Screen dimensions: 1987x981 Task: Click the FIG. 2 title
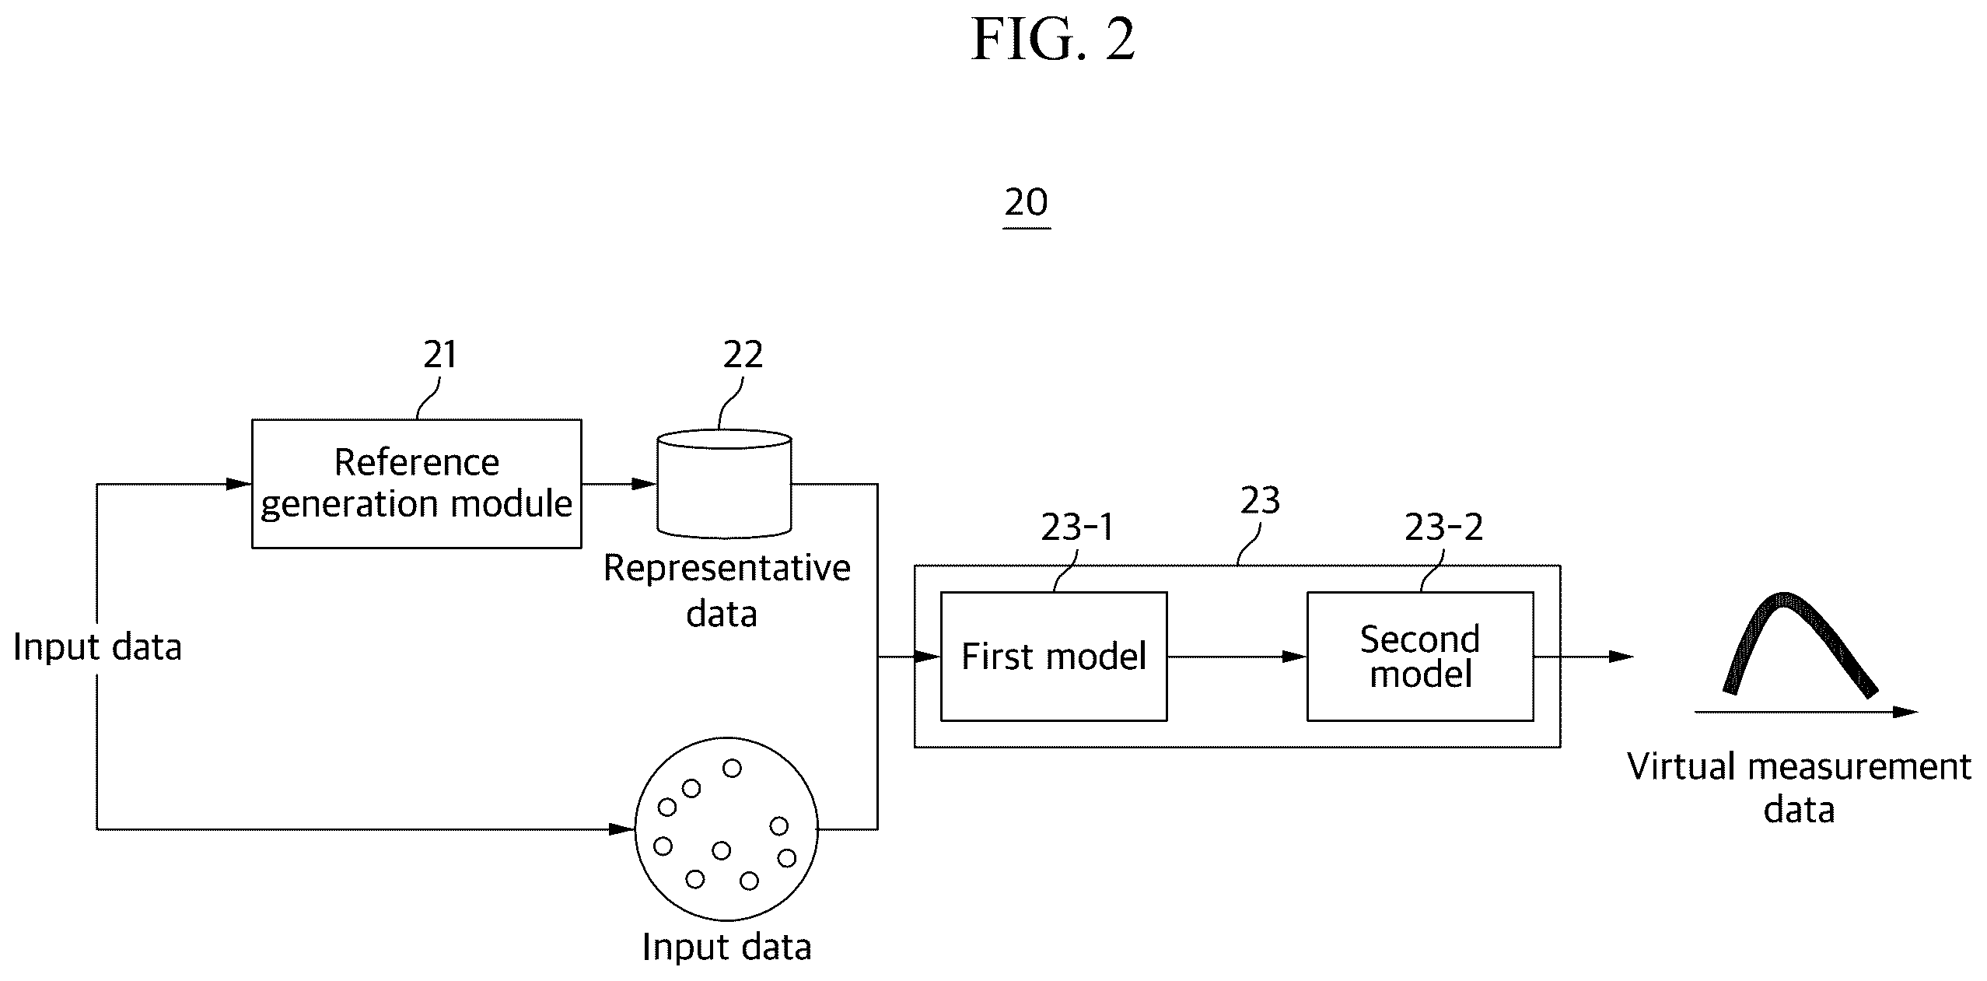point(1053,40)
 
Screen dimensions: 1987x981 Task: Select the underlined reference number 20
point(1027,204)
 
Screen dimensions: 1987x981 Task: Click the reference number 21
point(440,355)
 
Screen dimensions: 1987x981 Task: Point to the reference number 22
point(743,355)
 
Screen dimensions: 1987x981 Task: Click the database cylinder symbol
point(724,484)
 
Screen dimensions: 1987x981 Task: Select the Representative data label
point(726,590)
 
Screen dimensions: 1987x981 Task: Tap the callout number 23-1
point(1077,528)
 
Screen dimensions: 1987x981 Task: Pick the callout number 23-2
point(1443,528)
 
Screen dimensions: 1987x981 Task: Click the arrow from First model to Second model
point(1237,657)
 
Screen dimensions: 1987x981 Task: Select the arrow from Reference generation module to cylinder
point(619,484)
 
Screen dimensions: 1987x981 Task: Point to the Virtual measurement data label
point(1799,788)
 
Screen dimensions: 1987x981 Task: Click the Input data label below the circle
point(726,948)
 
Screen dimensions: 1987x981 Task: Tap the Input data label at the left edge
point(97,647)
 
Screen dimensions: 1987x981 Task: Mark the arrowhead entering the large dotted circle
point(623,829)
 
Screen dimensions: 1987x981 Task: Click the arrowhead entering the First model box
point(927,657)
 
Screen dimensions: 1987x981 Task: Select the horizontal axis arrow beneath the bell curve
point(1807,712)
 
